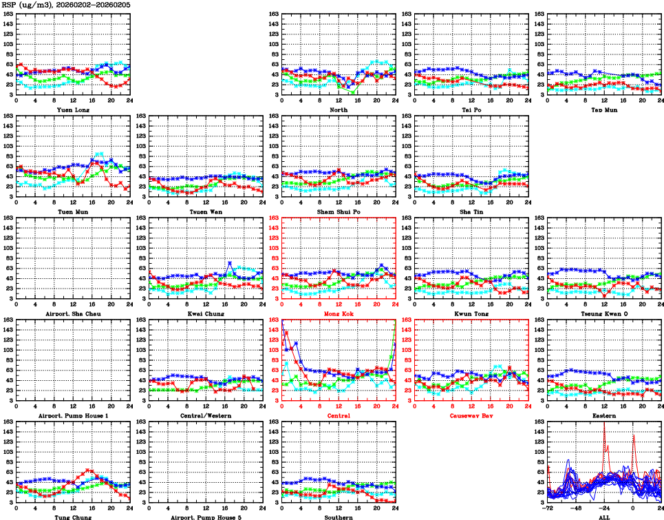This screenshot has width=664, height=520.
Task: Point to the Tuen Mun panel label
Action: click(72, 211)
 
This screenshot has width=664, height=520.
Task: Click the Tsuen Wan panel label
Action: click(205, 211)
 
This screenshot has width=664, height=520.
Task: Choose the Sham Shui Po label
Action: click(338, 211)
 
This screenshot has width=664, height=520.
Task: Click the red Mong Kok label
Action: click(338, 313)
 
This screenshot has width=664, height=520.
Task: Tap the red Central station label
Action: click(338, 415)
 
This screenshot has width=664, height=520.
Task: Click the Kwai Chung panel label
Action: click(205, 313)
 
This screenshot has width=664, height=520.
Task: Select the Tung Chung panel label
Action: click(72, 517)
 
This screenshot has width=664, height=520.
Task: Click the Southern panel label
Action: click(338, 517)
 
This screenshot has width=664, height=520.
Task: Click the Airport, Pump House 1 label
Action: click(72, 415)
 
